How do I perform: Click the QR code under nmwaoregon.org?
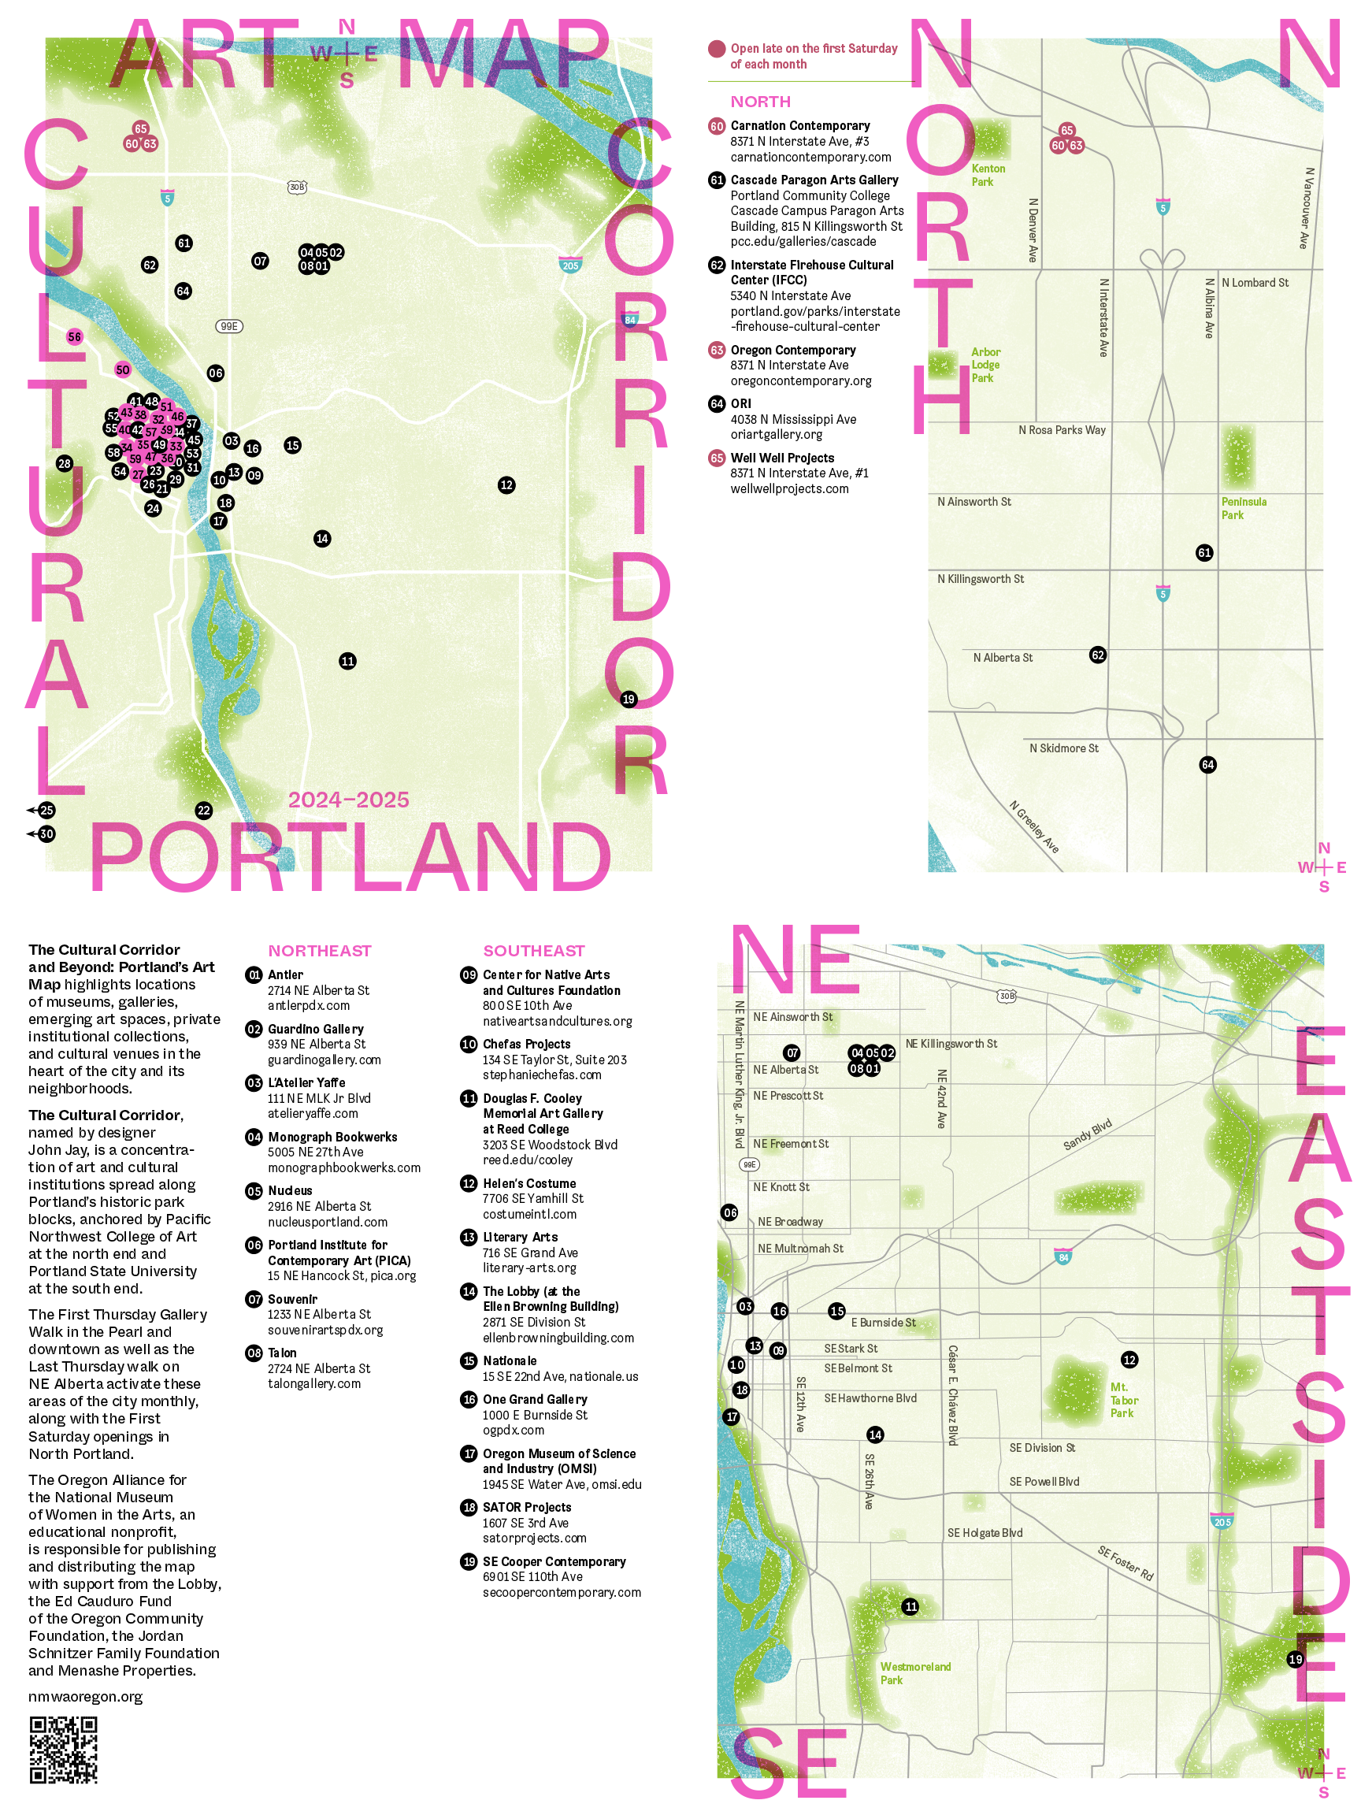click(63, 1749)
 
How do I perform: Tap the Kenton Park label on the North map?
click(988, 176)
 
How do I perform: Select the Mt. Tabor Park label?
click(1124, 1401)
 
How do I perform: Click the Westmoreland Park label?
click(914, 1673)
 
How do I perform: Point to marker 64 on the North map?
click(1207, 765)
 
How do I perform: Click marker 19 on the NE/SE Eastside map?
click(1296, 1659)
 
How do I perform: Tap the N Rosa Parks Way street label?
click(1062, 430)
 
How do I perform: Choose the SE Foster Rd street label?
click(1126, 1564)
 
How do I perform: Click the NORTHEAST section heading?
click(319, 951)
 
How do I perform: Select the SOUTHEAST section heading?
click(533, 951)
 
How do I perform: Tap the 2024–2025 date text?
click(348, 800)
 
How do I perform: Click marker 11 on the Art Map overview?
click(348, 662)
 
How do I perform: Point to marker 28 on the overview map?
click(65, 463)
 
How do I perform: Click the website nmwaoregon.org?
click(85, 1697)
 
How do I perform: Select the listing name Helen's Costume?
click(529, 1183)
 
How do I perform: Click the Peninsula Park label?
click(1243, 508)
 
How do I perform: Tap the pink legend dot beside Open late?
click(717, 49)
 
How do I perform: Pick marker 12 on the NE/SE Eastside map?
click(1129, 1360)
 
